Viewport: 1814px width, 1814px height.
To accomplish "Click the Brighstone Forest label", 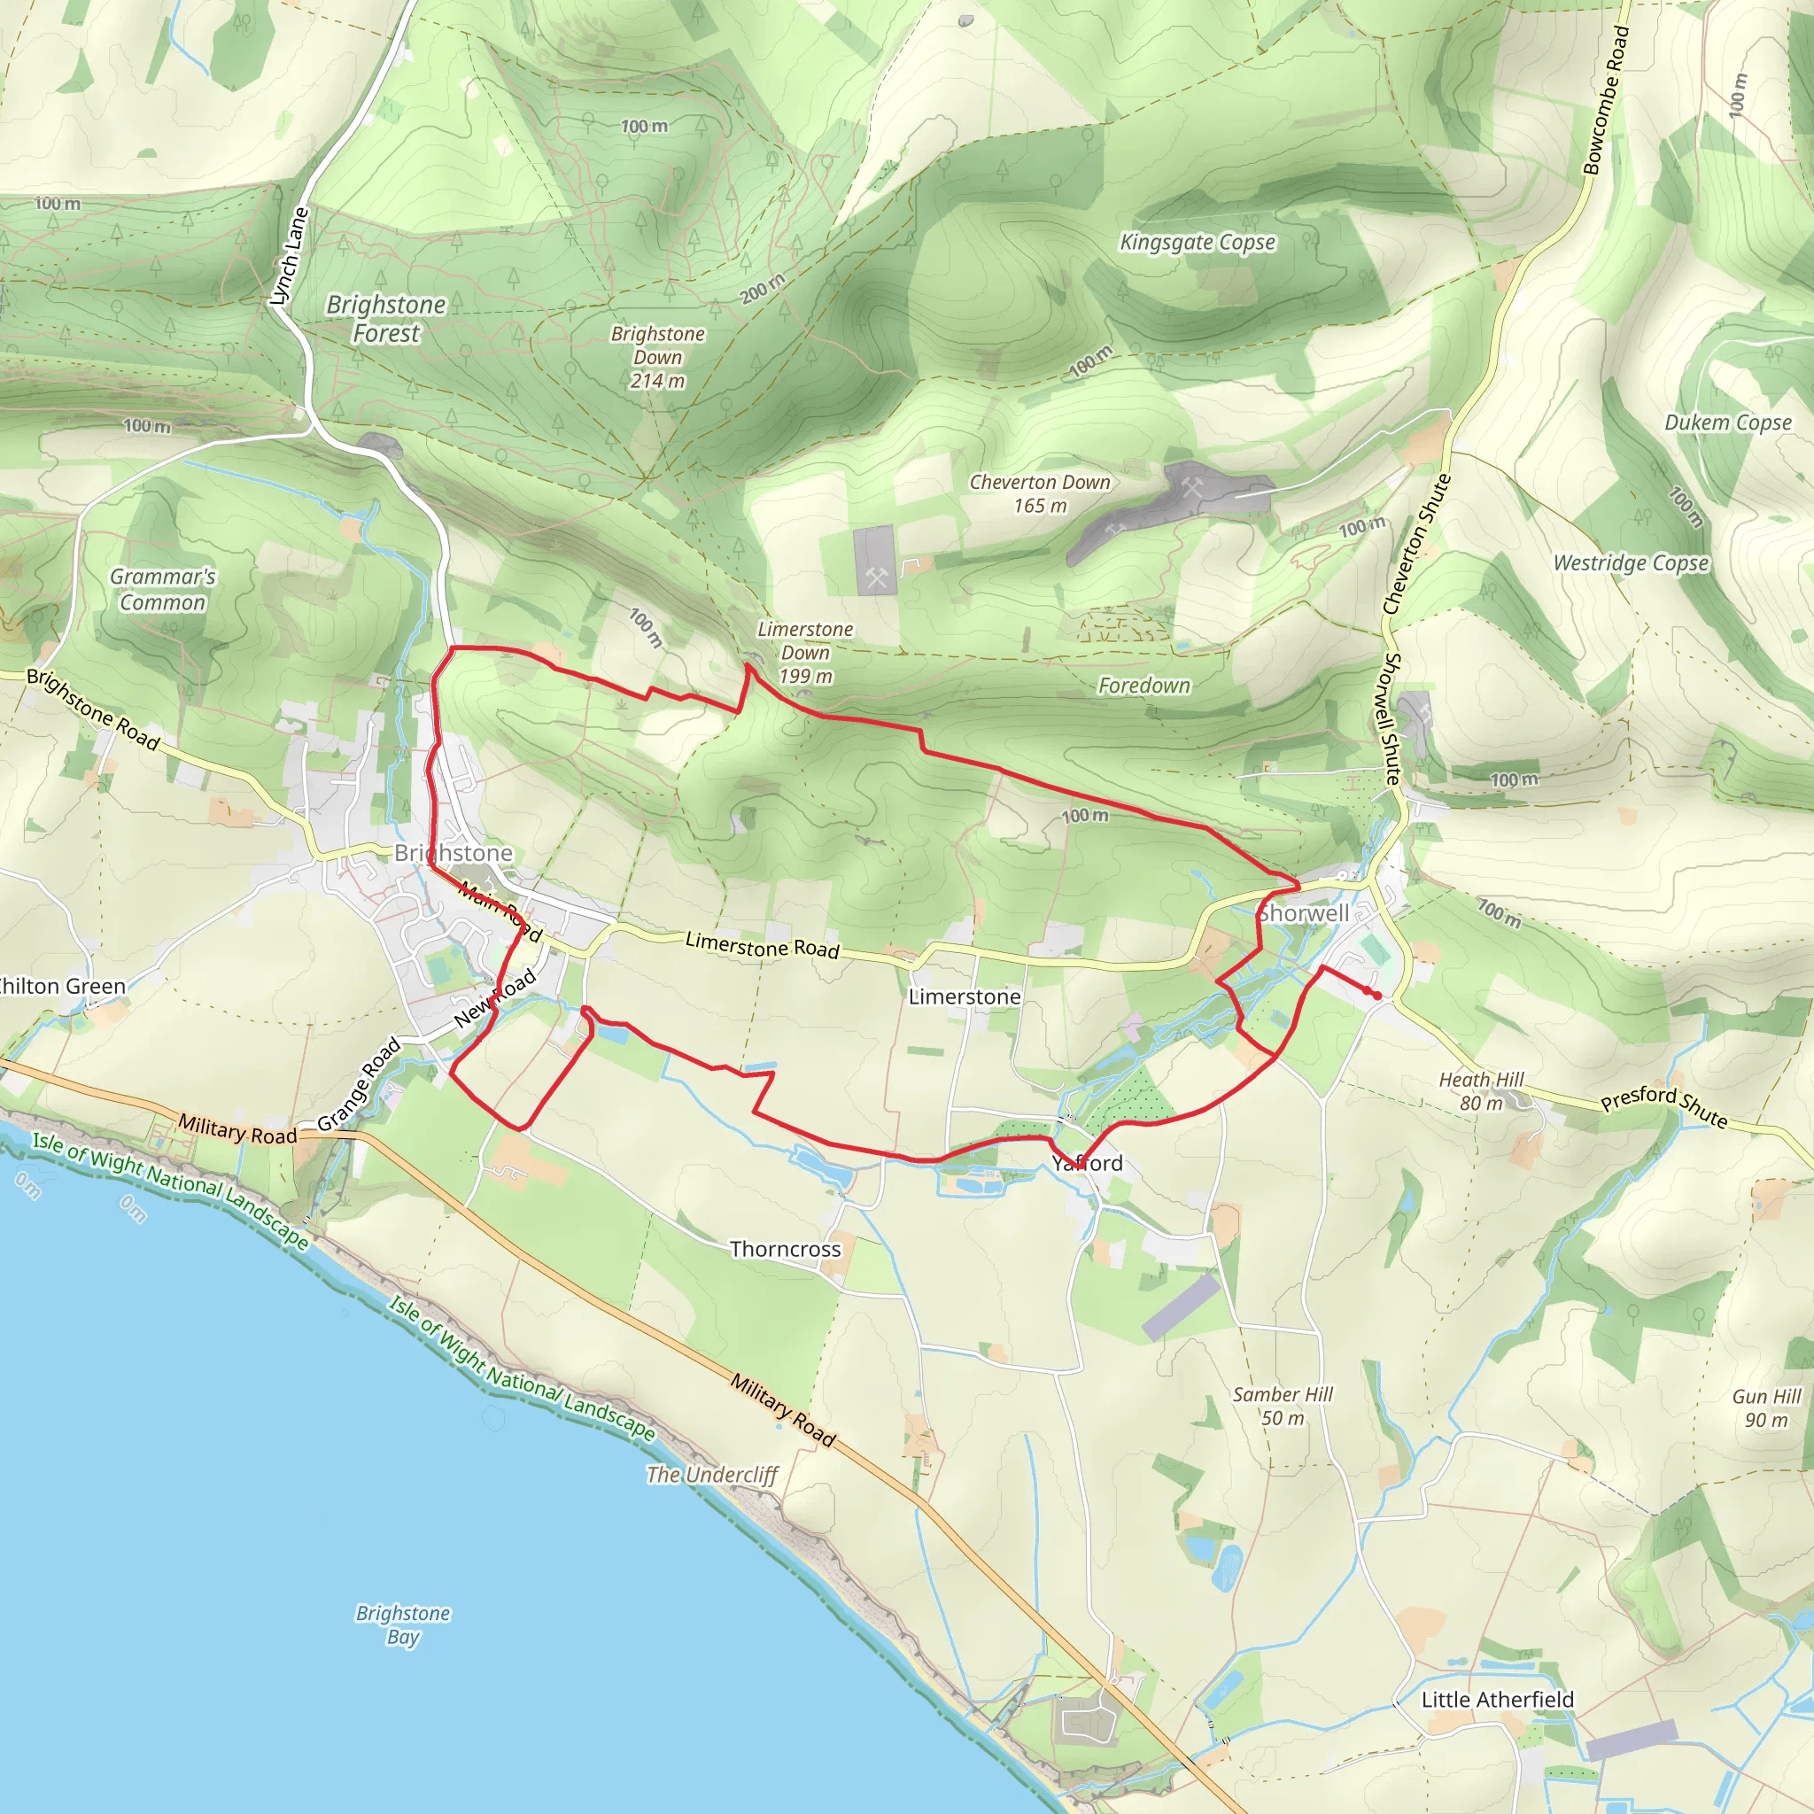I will (386, 318).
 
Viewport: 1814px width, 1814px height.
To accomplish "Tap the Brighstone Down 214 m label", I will (657, 357).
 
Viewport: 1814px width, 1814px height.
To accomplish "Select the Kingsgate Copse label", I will (1198, 242).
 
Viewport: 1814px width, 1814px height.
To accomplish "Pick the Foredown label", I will (1143, 686).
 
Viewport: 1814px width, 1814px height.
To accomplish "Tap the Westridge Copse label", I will (1631, 563).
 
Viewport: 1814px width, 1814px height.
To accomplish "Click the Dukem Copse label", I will (1727, 422).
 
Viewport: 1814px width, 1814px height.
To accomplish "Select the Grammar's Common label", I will (162, 590).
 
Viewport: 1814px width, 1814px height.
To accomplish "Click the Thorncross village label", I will (785, 1249).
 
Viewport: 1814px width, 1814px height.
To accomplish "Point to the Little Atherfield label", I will (1498, 1700).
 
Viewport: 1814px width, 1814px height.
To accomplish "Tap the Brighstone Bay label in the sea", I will (403, 1624).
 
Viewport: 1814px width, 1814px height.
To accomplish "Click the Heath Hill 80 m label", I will (1482, 1091).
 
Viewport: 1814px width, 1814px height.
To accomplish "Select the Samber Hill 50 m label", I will (1283, 1406).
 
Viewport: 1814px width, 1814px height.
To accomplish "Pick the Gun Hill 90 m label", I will (1766, 1407).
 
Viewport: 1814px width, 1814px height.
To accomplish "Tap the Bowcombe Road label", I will (1606, 100).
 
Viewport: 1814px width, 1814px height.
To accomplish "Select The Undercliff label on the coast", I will (712, 1474).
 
